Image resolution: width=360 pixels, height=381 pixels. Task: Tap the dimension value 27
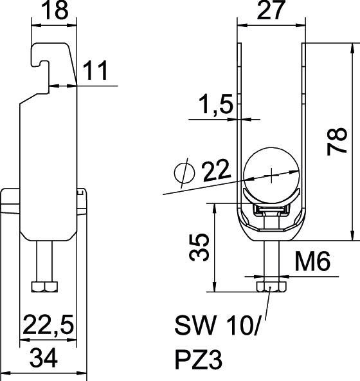pyautogui.click(x=271, y=12)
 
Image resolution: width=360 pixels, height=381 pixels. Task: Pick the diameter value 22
pyautogui.click(x=217, y=172)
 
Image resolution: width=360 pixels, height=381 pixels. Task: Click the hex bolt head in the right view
pyautogui.click(x=271, y=286)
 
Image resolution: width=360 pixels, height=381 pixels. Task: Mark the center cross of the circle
pyautogui.click(x=273, y=174)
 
